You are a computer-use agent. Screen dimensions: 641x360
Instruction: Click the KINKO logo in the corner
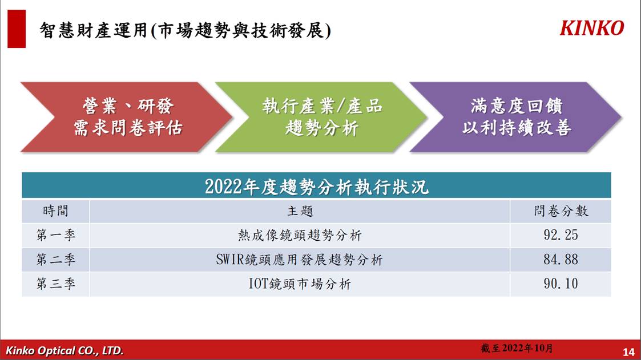tap(591, 28)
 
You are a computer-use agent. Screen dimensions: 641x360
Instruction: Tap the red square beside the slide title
tap(17, 29)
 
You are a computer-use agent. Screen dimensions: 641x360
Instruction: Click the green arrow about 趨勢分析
tap(321, 118)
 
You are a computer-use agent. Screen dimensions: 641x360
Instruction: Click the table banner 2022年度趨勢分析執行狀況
tap(316, 187)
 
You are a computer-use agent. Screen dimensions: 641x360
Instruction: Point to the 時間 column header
tap(55, 211)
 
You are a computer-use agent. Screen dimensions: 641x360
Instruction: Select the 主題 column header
tap(300, 211)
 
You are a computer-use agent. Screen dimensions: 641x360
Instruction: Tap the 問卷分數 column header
tap(561, 211)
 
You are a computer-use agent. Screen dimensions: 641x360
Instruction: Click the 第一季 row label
tap(55, 236)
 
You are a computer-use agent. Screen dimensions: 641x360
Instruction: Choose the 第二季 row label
tap(55, 260)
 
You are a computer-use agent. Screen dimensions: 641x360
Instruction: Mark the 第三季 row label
tap(55, 284)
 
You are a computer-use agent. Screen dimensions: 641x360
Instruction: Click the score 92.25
tap(561, 235)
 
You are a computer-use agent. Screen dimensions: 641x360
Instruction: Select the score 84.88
tap(561, 260)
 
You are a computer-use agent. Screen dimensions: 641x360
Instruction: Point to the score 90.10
tap(561, 284)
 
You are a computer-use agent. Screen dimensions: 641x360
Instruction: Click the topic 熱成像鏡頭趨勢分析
tap(300, 236)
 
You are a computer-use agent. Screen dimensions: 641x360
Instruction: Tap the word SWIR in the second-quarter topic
tap(230, 260)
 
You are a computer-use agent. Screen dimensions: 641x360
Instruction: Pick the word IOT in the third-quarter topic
tap(257, 284)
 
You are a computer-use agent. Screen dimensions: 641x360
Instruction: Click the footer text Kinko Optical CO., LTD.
tap(64, 351)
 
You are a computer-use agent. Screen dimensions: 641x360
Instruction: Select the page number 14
tap(628, 352)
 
